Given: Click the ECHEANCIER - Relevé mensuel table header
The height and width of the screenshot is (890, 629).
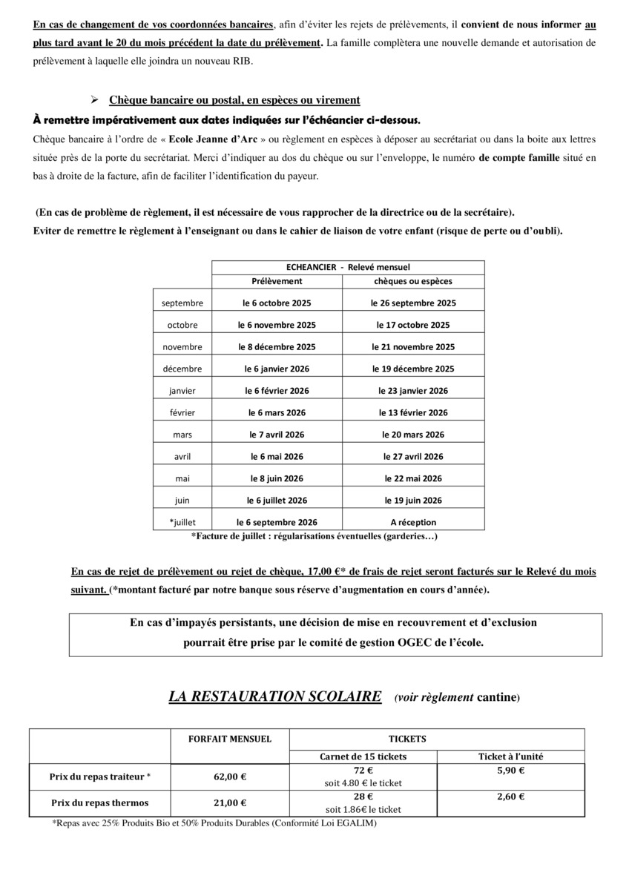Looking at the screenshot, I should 348,267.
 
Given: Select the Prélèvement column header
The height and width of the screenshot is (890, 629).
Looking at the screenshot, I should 277,281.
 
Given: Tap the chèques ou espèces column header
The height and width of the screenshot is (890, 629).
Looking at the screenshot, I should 413,281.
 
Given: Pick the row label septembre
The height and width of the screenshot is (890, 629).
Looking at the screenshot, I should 182,303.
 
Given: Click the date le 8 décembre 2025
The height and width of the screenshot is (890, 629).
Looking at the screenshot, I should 277,347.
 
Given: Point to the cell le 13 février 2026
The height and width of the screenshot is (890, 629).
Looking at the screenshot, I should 413,413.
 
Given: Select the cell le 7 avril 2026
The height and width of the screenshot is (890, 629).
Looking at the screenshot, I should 277,435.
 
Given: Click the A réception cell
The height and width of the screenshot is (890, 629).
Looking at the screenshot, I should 413,522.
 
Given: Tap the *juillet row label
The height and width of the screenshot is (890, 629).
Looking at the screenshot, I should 182,522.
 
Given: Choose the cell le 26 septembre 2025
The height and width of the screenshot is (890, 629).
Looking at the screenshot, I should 413,303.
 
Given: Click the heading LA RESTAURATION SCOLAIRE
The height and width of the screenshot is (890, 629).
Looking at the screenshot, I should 275,696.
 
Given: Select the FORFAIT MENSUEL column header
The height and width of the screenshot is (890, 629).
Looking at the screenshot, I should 231,739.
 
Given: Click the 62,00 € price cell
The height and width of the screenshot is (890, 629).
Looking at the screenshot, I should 231,777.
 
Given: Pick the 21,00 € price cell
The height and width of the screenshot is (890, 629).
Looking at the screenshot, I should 231,802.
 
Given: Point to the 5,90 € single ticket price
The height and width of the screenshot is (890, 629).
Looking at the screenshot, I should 510,771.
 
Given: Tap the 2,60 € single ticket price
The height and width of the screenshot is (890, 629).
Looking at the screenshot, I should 510,797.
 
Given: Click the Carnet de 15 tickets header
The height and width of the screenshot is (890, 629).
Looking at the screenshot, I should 363,756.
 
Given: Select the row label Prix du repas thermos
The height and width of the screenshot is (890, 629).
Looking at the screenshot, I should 100,802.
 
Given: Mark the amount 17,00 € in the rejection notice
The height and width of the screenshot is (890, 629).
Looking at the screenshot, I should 320,572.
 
